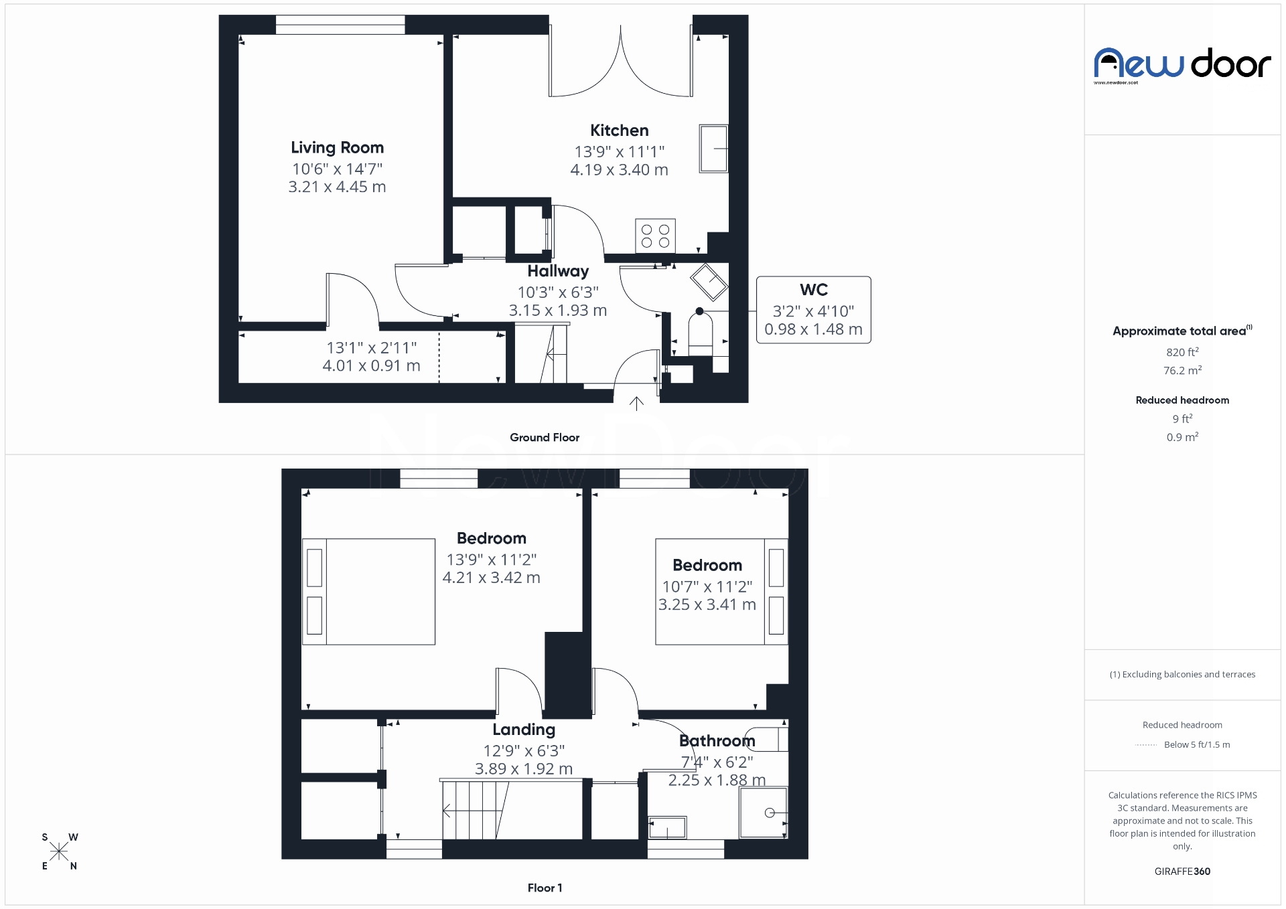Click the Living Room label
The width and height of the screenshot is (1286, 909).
click(337, 147)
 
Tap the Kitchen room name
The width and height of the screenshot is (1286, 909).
click(619, 131)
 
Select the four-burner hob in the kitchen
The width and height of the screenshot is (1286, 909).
click(656, 236)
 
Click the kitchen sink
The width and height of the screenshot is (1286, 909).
click(713, 148)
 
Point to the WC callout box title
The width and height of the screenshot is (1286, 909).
click(813, 290)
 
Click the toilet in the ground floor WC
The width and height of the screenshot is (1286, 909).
click(701, 333)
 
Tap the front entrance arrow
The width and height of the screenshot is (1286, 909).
click(636, 403)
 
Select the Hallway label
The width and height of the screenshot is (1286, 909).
click(558, 271)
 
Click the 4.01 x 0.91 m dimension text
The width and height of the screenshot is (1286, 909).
click(371, 365)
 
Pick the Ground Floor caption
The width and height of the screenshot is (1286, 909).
click(545, 437)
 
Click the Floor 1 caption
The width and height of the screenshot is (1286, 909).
click(545, 888)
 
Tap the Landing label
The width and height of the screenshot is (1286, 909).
click(524, 730)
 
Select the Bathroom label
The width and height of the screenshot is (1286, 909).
click(717, 741)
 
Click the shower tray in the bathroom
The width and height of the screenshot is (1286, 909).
click(764, 813)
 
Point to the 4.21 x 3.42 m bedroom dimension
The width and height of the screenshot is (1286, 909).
click(491, 578)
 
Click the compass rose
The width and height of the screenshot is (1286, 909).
click(59, 851)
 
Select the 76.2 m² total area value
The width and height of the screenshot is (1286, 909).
click(1182, 370)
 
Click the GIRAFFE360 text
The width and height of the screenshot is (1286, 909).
click(1182, 871)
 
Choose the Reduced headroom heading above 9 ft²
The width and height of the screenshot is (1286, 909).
click(1182, 400)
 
